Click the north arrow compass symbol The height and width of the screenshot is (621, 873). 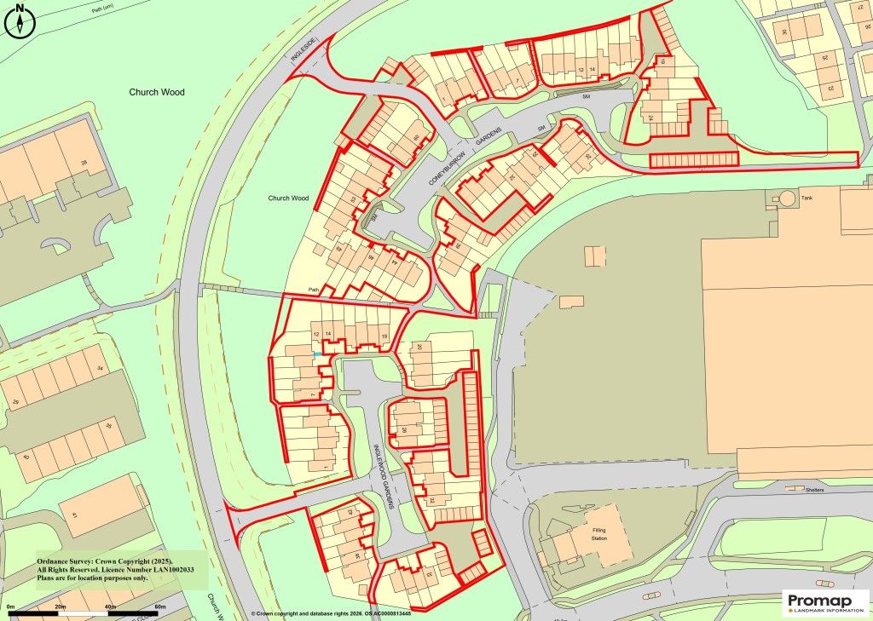tap(19, 20)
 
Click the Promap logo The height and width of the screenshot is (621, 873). tap(824, 601)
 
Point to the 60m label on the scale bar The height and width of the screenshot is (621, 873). tap(159, 606)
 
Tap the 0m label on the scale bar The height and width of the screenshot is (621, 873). tap(11, 606)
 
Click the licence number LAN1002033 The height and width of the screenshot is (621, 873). tap(164, 569)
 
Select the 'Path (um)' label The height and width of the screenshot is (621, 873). tap(102, 9)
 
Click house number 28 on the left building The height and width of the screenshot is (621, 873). tap(84, 162)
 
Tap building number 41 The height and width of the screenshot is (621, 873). tap(74, 516)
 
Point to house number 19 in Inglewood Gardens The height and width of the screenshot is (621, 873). tap(384, 337)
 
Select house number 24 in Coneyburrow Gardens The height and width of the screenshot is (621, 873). tap(650, 117)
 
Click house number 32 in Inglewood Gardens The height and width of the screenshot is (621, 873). tap(432, 500)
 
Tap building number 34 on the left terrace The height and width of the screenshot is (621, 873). tap(100, 368)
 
